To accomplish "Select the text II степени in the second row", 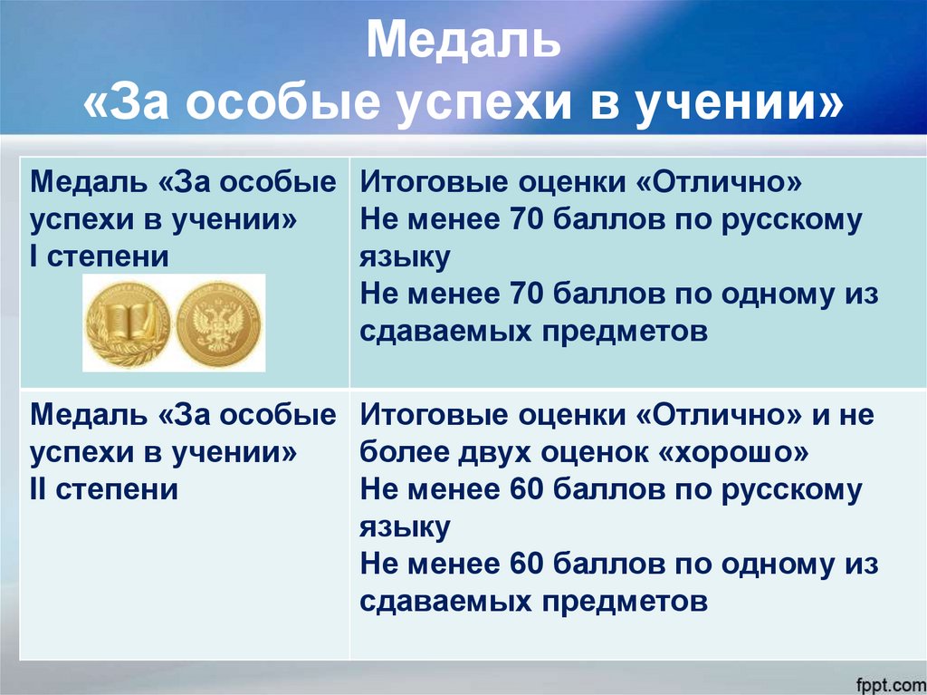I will [x=104, y=490].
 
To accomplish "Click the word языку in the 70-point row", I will [x=405, y=257].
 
